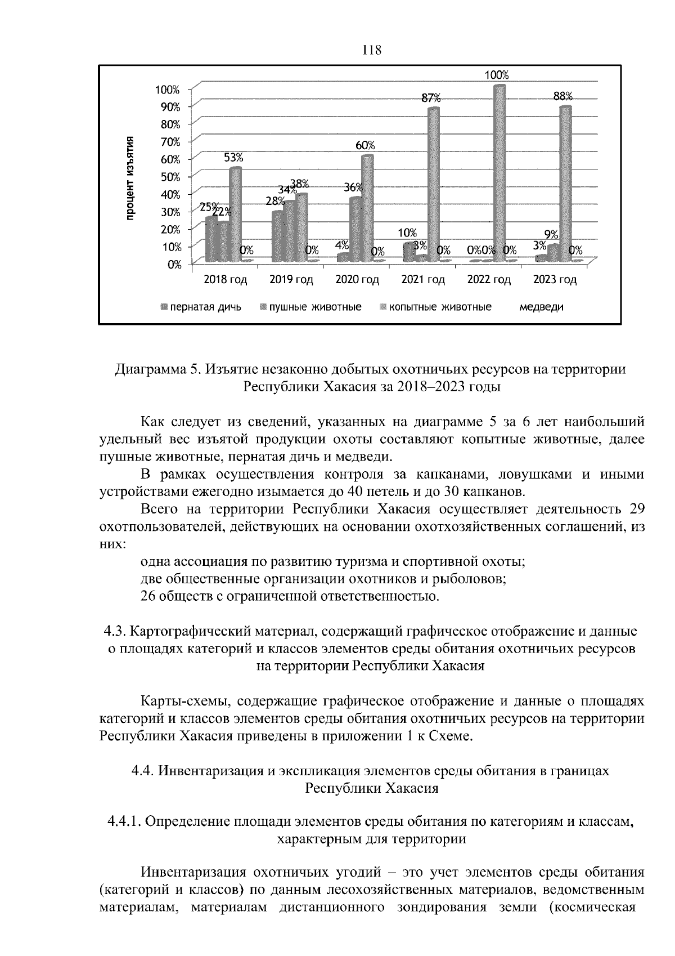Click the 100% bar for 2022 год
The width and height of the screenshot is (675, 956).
[498, 175]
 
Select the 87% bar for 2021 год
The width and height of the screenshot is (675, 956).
[433, 186]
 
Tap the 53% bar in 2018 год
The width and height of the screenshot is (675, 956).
[235, 214]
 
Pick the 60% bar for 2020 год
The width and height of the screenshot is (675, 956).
[367, 208]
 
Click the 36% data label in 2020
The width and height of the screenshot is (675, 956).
[353, 188]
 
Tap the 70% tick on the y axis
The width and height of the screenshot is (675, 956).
[169, 141]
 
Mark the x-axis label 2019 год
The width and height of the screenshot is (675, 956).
[291, 280]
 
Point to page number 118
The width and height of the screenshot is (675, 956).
[371, 50]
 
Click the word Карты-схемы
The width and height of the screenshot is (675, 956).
[182, 702]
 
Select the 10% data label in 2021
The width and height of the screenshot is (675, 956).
[407, 233]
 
